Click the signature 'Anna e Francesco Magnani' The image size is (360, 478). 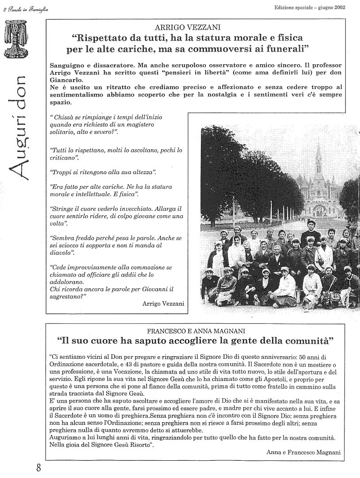(304, 452)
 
